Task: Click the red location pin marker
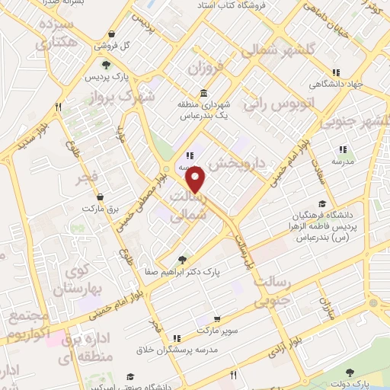tap(197, 180)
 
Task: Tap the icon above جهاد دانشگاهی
tap(337, 73)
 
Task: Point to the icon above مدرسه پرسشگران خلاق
tap(177, 337)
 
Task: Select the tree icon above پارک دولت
tap(350, 372)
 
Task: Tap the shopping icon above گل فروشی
tap(112, 34)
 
